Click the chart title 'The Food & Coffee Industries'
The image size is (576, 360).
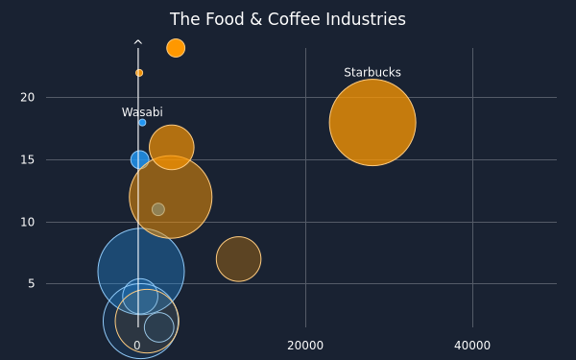(x=288, y=19)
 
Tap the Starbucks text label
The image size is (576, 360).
(x=372, y=72)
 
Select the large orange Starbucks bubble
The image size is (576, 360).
(x=372, y=122)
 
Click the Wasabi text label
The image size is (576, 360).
(x=142, y=112)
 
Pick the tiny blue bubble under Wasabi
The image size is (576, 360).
(x=142, y=123)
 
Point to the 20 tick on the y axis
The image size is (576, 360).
(x=28, y=97)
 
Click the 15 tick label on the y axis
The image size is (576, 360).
(x=28, y=159)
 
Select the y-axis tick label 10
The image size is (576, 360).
(x=28, y=223)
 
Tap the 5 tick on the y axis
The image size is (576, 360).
(x=32, y=283)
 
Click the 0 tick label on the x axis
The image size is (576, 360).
(x=137, y=346)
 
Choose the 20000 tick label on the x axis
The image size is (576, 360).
(x=305, y=346)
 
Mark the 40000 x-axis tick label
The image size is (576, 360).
(x=472, y=346)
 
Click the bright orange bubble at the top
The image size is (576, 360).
(x=176, y=48)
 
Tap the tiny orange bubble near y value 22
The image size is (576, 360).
(x=139, y=73)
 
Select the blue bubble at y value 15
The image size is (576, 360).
(x=139, y=159)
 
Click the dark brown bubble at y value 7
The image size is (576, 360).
(x=239, y=259)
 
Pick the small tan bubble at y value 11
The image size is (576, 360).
(x=158, y=209)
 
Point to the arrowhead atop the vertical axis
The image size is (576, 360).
(x=137, y=42)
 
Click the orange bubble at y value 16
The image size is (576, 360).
(x=172, y=147)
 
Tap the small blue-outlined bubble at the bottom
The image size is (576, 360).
(x=159, y=327)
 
